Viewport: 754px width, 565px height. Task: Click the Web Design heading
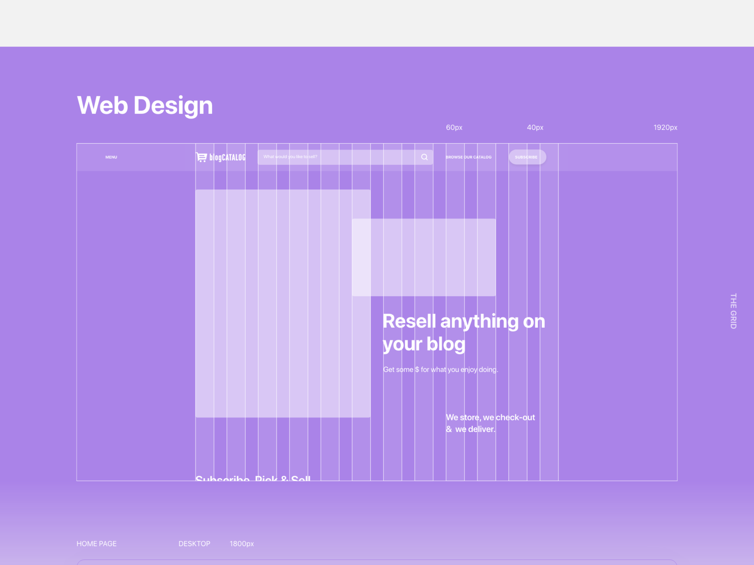tap(145, 105)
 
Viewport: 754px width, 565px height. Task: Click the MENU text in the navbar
tap(111, 157)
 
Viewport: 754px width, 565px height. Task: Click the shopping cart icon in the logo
tap(201, 157)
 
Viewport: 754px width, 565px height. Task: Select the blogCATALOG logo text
tap(227, 157)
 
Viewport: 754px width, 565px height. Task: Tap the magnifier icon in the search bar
tap(425, 157)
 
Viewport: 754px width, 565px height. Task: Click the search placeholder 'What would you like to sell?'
tap(290, 157)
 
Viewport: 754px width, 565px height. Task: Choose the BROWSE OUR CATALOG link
tap(468, 157)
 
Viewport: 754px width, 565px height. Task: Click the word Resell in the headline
tap(409, 322)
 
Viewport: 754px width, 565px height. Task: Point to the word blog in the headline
tap(446, 344)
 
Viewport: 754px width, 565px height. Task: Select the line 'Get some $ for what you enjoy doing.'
tap(440, 370)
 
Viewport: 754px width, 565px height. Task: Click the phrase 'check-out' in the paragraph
tap(515, 418)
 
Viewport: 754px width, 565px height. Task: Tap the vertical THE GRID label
tap(733, 311)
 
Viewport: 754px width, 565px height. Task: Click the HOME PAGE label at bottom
tap(97, 544)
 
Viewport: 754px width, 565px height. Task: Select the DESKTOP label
tap(194, 544)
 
